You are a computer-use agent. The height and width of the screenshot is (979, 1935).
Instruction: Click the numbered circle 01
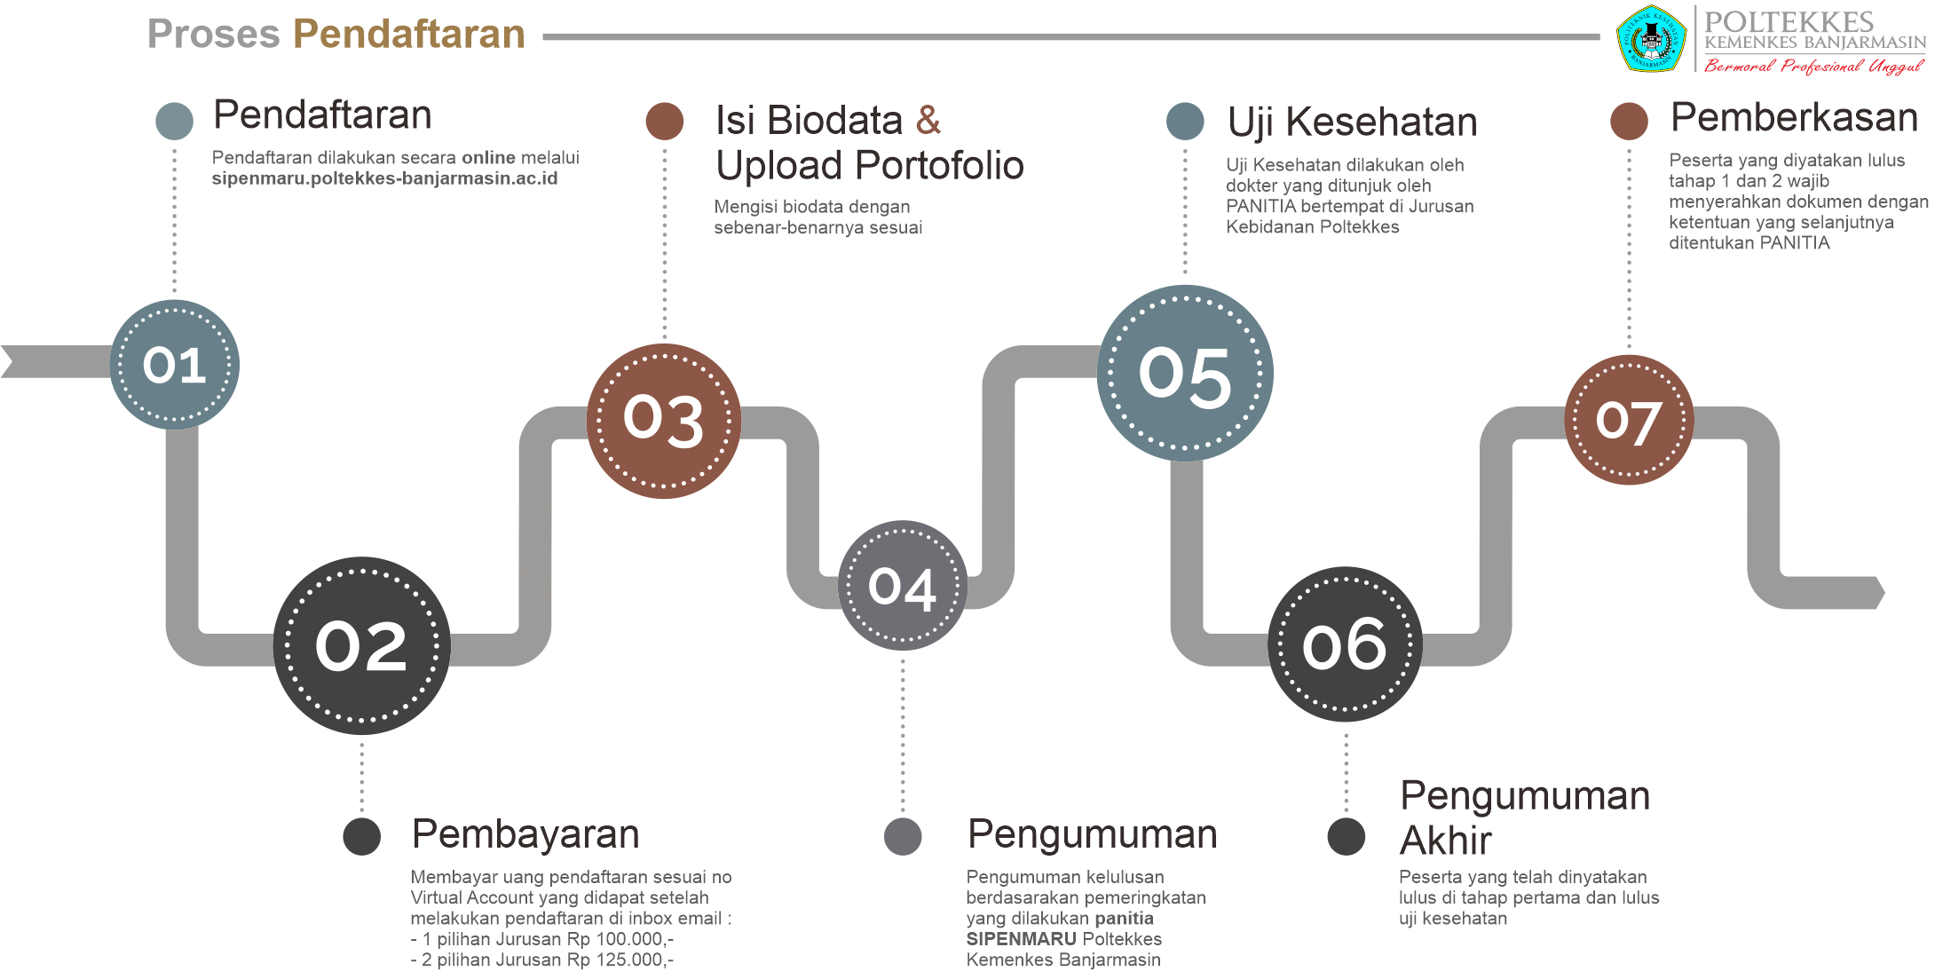tap(175, 365)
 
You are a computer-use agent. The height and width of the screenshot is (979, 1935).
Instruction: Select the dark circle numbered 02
tap(361, 645)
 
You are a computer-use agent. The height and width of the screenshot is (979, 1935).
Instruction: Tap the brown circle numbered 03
tap(664, 421)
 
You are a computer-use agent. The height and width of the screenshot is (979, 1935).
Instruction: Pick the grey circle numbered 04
tap(903, 586)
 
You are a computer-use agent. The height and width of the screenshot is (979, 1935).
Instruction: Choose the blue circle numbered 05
tap(1185, 373)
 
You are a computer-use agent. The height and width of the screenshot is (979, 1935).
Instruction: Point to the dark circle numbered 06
tap(1346, 644)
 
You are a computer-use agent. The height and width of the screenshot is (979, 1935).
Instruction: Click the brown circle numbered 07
tap(1629, 420)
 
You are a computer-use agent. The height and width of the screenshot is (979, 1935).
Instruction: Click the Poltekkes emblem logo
tap(1651, 38)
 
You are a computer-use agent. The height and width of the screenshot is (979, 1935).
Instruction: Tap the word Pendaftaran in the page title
tap(409, 34)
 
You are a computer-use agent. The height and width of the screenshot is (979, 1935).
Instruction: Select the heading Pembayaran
tap(525, 834)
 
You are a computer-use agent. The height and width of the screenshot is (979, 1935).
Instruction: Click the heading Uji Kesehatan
tap(1353, 122)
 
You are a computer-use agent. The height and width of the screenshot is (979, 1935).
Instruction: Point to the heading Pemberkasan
tap(1794, 117)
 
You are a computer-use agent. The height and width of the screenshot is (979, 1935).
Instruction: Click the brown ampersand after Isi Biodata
tap(928, 120)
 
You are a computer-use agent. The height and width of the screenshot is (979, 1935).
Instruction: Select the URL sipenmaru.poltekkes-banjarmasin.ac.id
tap(384, 178)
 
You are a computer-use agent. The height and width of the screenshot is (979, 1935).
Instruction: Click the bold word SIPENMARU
tap(1021, 939)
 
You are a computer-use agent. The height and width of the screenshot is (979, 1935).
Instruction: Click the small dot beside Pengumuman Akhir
tap(1346, 837)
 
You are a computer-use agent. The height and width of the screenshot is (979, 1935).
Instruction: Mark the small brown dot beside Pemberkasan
tap(1629, 121)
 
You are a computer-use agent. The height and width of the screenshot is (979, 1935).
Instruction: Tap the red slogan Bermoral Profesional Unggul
tap(1813, 67)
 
